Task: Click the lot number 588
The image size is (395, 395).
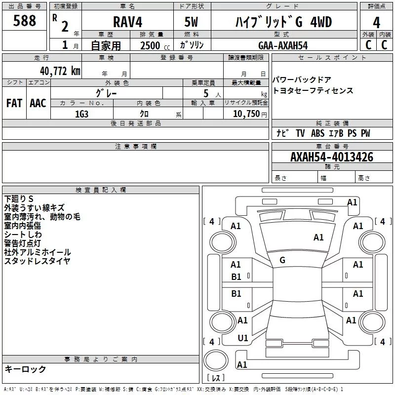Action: pyautogui.click(x=24, y=21)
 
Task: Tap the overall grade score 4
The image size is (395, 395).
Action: pyautogui.click(x=376, y=23)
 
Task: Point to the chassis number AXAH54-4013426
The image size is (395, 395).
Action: pyautogui.click(x=332, y=157)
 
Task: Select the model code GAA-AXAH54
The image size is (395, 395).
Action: pyautogui.click(x=283, y=45)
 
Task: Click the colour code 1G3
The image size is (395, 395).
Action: pyautogui.click(x=81, y=114)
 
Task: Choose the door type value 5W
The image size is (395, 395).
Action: pyautogui.click(x=193, y=22)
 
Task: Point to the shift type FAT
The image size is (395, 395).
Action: pyautogui.click(x=14, y=103)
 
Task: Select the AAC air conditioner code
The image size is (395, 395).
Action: pyautogui.click(x=38, y=103)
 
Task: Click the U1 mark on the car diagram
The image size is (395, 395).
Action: pyautogui.click(x=242, y=338)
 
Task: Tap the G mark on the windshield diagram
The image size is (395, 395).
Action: pyautogui.click(x=282, y=260)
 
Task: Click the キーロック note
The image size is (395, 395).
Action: pyautogui.click(x=26, y=369)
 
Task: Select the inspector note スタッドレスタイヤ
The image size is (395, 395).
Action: pyautogui.click(x=38, y=261)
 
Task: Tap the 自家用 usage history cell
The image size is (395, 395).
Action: pyautogui.click(x=106, y=45)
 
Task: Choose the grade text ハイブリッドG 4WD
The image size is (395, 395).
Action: pyautogui.click(x=282, y=22)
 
